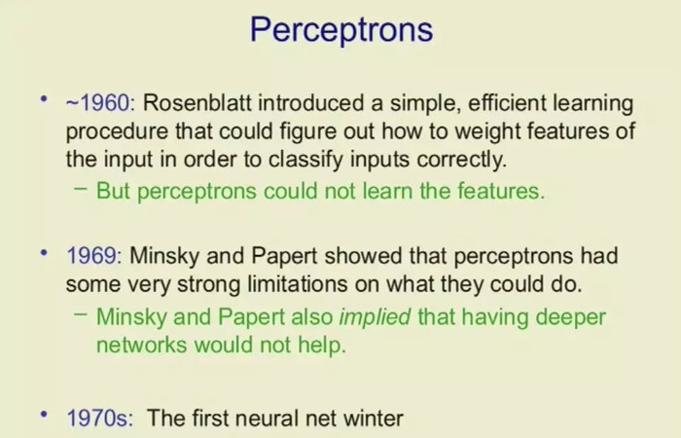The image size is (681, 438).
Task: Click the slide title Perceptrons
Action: click(341, 30)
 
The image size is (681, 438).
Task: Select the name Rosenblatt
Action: click(197, 103)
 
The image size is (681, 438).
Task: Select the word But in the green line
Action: click(113, 191)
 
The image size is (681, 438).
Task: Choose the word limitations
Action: click(298, 284)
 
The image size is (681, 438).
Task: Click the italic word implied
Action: click(375, 317)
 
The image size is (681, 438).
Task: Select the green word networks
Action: click(142, 346)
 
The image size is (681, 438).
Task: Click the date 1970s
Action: click(100, 419)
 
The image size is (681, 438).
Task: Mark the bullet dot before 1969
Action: click(44, 252)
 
